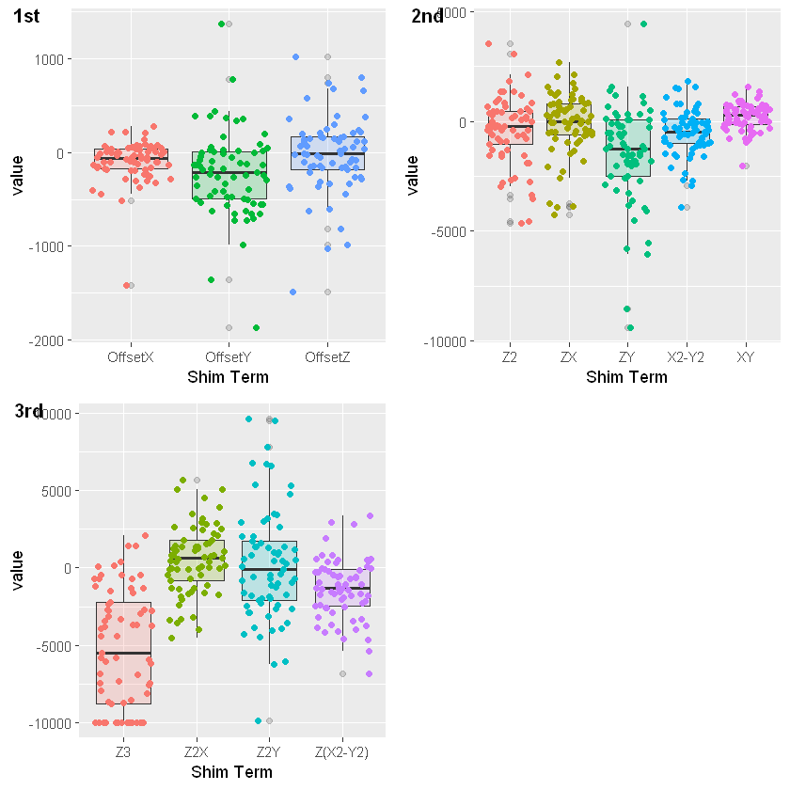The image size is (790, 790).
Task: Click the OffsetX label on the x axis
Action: coord(131,357)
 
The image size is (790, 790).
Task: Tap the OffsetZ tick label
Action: coord(326,357)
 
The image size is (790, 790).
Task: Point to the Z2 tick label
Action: coord(510,357)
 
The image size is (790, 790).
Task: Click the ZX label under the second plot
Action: coord(568,357)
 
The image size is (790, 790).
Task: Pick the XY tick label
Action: coord(745,357)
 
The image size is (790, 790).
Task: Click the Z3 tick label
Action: coord(123,752)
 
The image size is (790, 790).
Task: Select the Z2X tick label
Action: coord(197,752)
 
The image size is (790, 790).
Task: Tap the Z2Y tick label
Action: coord(269,752)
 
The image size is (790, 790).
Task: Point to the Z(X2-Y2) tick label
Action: coord(342,752)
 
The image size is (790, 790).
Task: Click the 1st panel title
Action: coord(28,16)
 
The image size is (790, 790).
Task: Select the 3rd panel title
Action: coord(28,411)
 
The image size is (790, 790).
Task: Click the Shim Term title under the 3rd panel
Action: coord(231,772)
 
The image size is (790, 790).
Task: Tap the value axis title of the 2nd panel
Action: coord(412,175)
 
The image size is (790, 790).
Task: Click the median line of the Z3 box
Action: coord(123,653)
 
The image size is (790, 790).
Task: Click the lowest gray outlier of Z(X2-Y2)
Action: coord(343,673)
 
